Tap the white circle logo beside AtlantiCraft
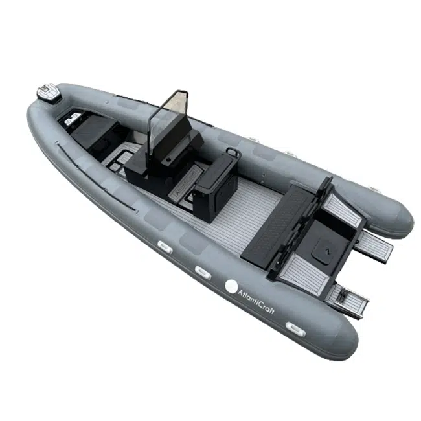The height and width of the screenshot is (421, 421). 231,286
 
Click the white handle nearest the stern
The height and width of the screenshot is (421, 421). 295,329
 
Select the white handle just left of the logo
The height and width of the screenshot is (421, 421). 203,273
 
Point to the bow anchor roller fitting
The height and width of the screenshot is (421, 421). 49,93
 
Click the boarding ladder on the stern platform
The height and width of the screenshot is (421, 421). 347,301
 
